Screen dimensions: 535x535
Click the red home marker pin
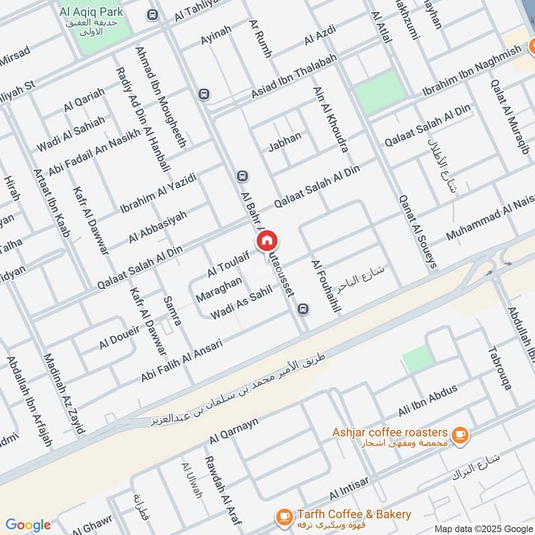(x=266, y=241)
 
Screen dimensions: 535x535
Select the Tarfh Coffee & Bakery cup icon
(x=284, y=516)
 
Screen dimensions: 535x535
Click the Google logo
(x=27, y=525)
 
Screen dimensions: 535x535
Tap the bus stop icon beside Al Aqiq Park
(x=153, y=14)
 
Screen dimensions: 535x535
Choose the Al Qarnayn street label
(x=233, y=428)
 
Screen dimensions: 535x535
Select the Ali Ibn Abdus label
(x=427, y=399)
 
